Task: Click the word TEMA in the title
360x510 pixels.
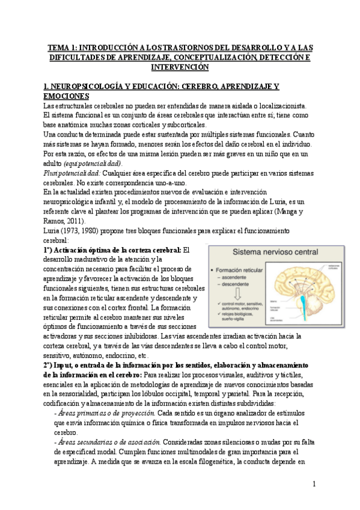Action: [59, 46]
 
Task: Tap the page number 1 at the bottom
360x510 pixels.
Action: [315, 484]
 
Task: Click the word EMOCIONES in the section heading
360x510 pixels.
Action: [67, 96]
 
